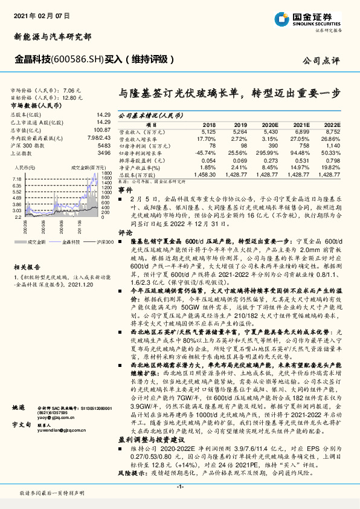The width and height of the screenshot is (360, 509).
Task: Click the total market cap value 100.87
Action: coord(101,129)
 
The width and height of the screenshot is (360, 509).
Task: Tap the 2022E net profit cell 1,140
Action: coord(333,146)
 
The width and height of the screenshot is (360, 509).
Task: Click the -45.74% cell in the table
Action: coord(206,153)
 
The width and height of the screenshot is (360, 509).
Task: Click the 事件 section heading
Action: coord(125,189)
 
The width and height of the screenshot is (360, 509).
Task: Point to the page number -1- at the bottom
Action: coord(179,486)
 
